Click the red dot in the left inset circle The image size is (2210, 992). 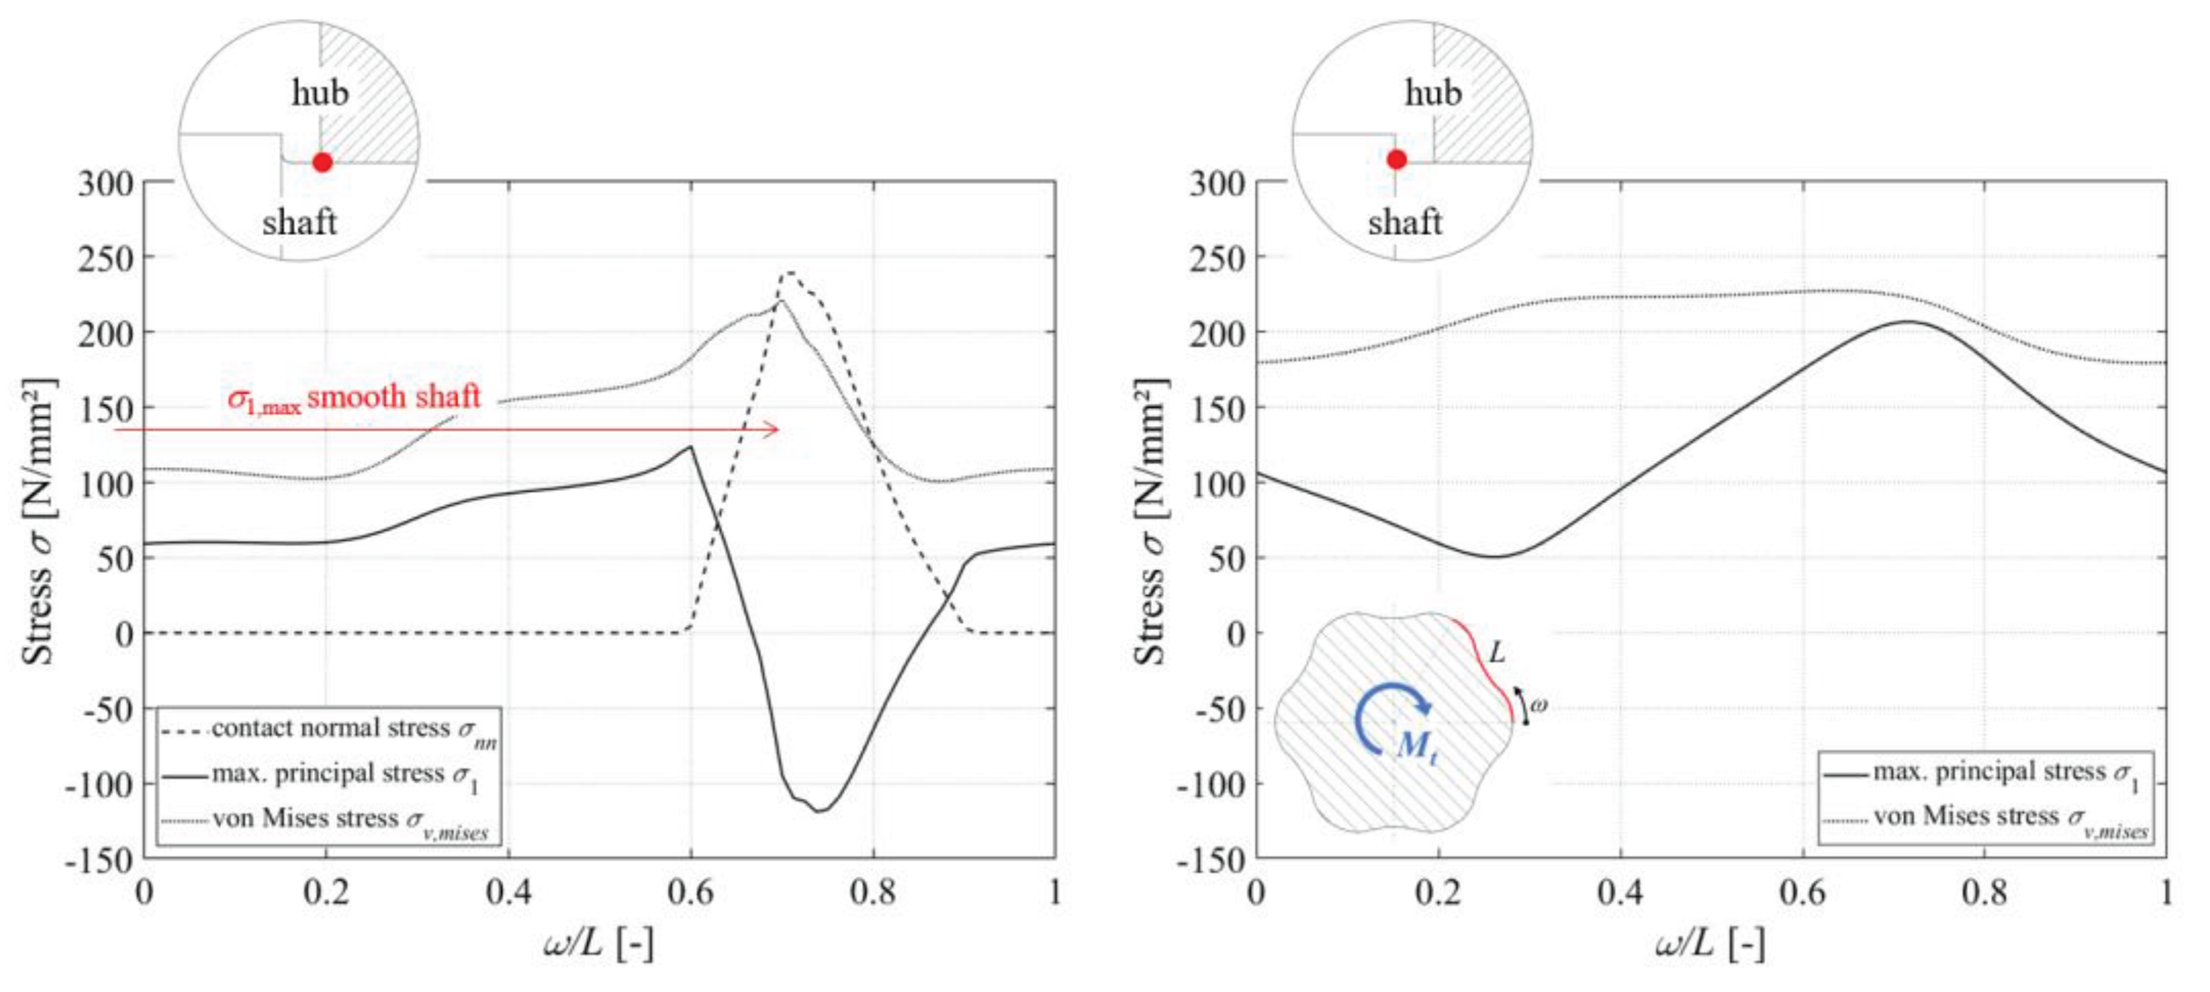pos(322,162)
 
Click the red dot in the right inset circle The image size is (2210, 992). pos(1397,160)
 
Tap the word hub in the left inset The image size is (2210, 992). pos(320,93)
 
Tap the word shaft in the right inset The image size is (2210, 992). pos(1404,223)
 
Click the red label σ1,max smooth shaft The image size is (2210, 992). pos(354,397)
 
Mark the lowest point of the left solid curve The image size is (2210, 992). pos(819,811)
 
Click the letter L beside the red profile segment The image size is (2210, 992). pos(1497,653)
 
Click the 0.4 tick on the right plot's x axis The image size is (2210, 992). pos(1620,893)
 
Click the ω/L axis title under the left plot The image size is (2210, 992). pos(599,945)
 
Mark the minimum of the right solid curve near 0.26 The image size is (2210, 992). pos(1494,557)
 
